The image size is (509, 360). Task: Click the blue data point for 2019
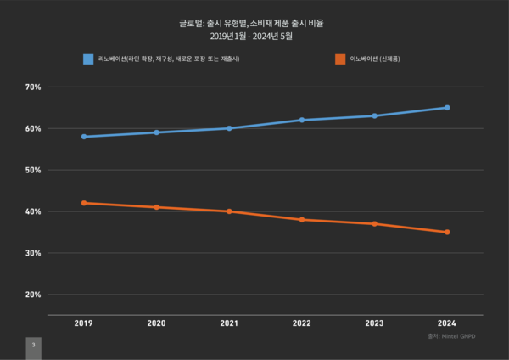pos(84,137)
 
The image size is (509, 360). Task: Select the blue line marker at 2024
pos(447,108)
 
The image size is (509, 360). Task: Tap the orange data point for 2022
pos(302,220)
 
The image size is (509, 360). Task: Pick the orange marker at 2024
pos(447,233)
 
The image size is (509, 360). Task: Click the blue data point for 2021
pos(230,128)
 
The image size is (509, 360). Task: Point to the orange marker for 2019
pos(84,203)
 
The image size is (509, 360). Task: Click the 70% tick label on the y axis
pos(33,87)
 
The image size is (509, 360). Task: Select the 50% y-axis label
pos(33,171)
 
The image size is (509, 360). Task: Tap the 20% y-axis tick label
pos(33,295)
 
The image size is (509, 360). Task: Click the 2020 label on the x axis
pos(157,323)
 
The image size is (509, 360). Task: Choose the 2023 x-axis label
pos(375,323)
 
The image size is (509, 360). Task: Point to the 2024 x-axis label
pos(447,323)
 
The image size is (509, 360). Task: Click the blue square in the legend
pos(87,59)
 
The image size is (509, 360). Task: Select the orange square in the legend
pos(340,59)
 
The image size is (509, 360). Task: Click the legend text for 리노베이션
pos(171,59)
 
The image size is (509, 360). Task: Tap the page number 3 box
pos(33,346)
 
